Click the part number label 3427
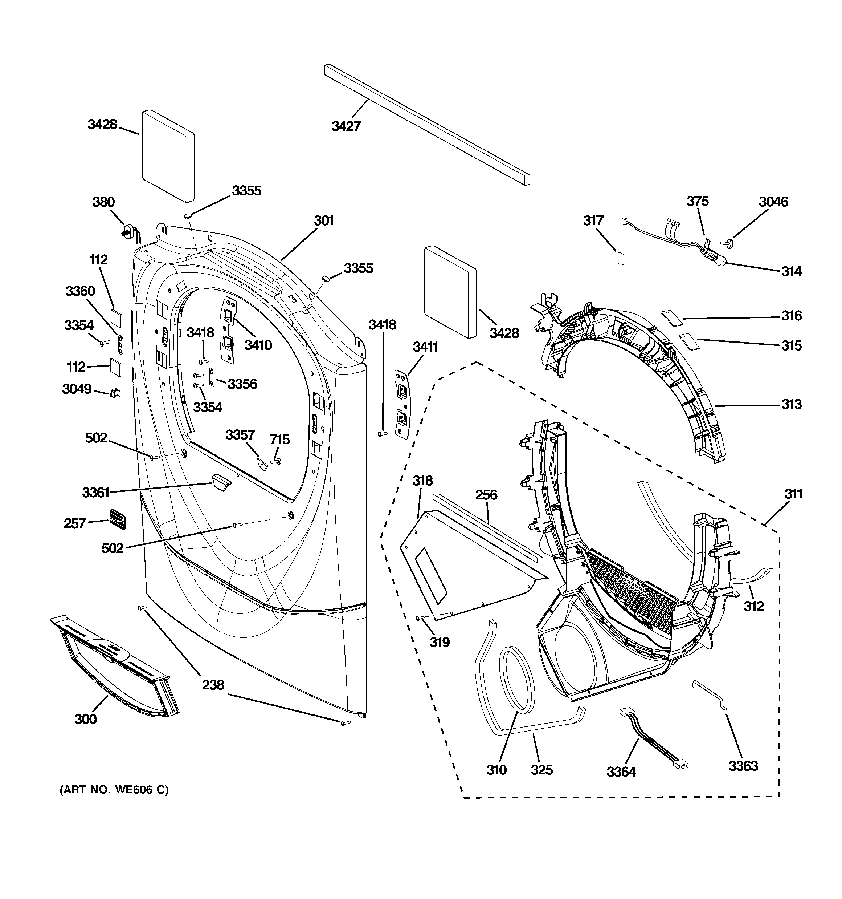coord(346,126)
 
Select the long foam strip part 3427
coord(427,124)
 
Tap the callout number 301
coord(324,221)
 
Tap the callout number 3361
coord(96,492)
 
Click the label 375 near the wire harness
coord(698,201)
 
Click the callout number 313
coord(792,404)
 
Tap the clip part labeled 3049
coord(115,393)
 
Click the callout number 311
coord(793,494)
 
